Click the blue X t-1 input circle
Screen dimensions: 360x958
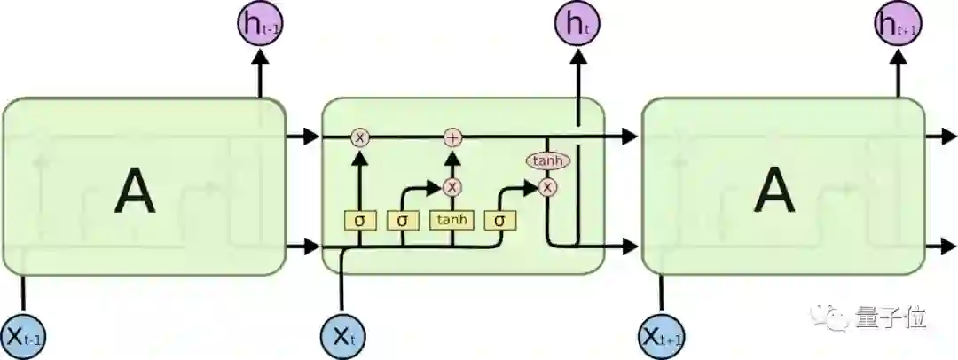tap(24, 336)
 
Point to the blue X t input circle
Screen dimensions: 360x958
tap(342, 336)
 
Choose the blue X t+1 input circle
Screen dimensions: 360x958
tap(662, 336)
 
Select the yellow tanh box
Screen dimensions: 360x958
tap(452, 219)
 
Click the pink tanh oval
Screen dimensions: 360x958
tap(548, 160)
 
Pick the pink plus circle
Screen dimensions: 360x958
tap(453, 137)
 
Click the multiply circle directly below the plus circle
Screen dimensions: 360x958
tap(453, 186)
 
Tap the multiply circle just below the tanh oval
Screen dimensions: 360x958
tap(548, 186)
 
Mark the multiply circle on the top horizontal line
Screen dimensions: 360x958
tap(359, 137)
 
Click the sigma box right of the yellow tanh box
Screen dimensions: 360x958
tap(500, 219)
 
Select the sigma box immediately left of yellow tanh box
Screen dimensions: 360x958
tap(404, 219)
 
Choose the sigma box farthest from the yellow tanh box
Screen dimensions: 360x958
tap(359, 219)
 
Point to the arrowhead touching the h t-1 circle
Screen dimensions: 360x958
tap(260, 55)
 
